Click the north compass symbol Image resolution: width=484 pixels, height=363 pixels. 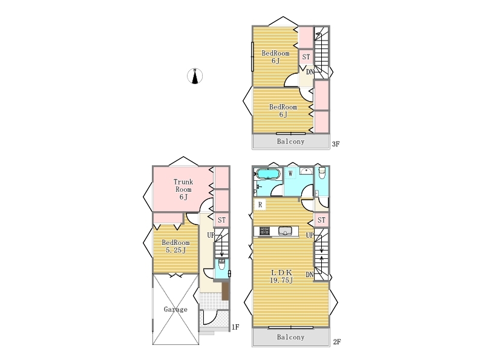[195, 76]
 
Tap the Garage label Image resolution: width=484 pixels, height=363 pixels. [175, 309]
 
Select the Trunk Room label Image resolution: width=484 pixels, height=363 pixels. [183, 186]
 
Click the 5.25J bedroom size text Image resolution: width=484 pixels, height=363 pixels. [175, 250]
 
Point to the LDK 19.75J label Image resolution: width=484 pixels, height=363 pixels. [281, 276]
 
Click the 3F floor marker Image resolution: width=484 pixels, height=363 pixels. [336, 144]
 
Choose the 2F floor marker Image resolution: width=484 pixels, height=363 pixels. [337, 342]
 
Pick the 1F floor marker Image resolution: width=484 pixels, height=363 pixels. [235, 327]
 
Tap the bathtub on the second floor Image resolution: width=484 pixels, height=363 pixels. [268, 174]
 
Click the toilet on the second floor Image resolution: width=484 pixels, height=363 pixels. [322, 173]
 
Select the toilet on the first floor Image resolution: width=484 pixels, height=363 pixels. [221, 264]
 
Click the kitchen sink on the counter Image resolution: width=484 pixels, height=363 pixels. [285, 231]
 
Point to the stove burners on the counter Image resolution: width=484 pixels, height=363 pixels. [264, 231]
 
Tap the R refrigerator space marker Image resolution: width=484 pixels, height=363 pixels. [260, 204]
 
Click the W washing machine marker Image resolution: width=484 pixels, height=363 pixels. [290, 174]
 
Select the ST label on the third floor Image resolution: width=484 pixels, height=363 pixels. [306, 57]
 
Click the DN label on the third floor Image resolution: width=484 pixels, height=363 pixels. [310, 72]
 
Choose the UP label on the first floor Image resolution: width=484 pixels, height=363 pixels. [211, 235]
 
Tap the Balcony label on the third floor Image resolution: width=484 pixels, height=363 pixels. [290, 142]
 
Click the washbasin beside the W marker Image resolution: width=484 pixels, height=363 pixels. [306, 171]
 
